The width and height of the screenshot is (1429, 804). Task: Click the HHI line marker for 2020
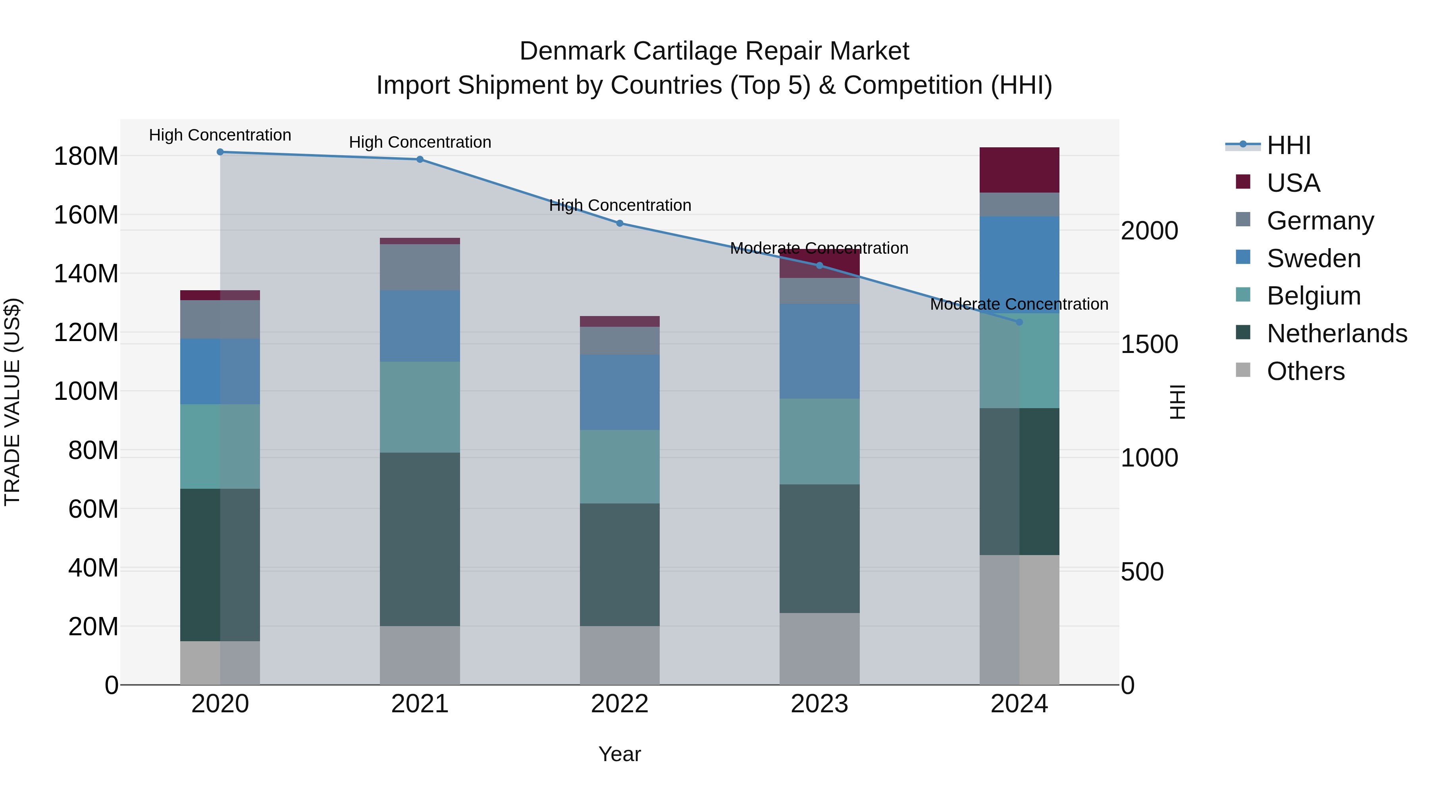220,152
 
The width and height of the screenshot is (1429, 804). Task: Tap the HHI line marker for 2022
620,224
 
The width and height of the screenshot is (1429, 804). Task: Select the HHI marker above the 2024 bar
1019,322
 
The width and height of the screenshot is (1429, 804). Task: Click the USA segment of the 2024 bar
1019,170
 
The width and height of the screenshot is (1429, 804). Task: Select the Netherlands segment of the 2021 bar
420,539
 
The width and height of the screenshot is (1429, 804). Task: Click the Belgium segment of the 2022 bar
620,467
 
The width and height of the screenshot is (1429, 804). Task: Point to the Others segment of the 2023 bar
819,649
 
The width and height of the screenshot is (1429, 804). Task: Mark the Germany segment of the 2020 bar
220,320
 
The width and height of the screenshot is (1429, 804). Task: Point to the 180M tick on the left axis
86,156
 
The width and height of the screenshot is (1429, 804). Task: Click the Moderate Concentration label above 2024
1019,304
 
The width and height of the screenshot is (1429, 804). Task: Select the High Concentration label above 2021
420,143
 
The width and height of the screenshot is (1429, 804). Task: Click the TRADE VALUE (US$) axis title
12,402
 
